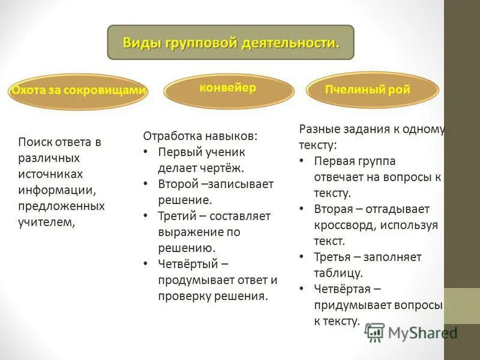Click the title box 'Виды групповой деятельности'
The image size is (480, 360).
[230, 42]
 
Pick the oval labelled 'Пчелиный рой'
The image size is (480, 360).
[367, 91]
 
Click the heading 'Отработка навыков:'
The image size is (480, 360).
[200, 136]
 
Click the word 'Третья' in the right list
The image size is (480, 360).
[331, 257]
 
